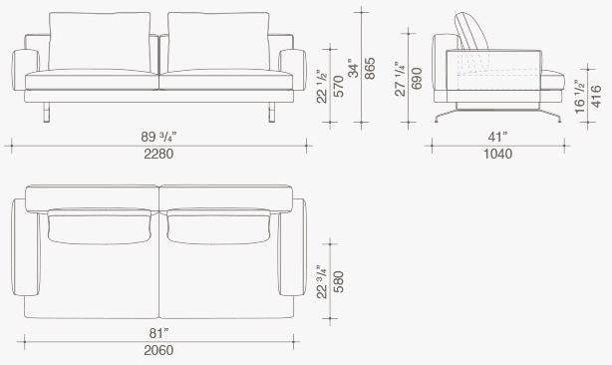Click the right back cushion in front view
[217, 43]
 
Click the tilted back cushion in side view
[472, 31]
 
